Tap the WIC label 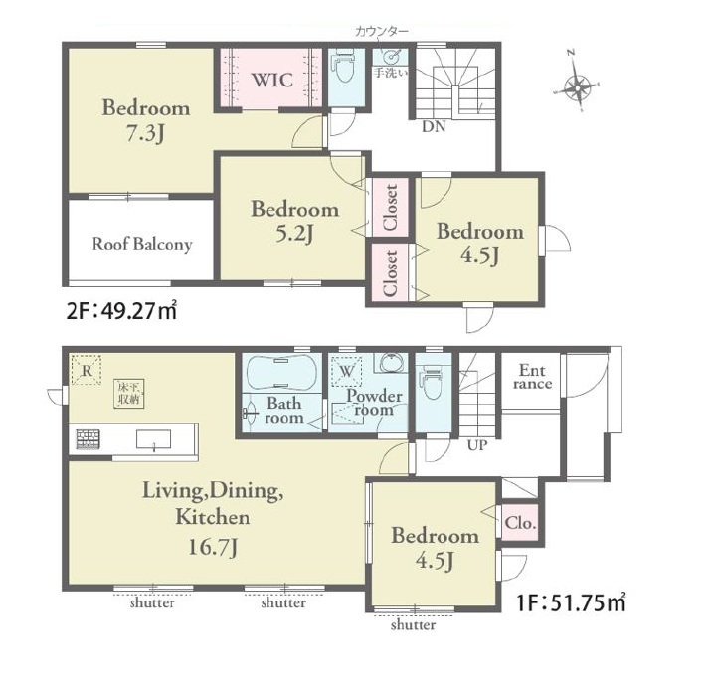(x=272, y=81)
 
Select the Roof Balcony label (x=142, y=244)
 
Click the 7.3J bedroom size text (x=145, y=133)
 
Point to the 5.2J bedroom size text (x=294, y=234)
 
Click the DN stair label (x=434, y=127)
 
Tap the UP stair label (x=477, y=445)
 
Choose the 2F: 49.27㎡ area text (x=121, y=311)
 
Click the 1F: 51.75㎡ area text (x=572, y=602)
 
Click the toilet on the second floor (x=345, y=67)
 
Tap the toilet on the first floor (x=431, y=384)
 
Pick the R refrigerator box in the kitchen (x=87, y=370)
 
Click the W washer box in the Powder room (x=347, y=371)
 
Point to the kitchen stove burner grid (x=88, y=438)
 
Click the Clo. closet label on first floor (x=521, y=523)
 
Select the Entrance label (x=533, y=377)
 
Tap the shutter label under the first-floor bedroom (x=413, y=625)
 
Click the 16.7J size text (x=213, y=548)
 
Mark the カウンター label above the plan (x=382, y=31)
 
